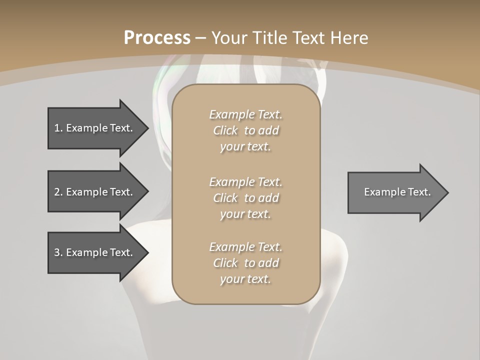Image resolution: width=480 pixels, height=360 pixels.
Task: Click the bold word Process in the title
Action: coord(157,38)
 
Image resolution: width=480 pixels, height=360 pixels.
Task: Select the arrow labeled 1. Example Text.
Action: coord(95,128)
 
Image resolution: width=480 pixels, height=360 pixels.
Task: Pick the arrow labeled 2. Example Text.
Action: coord(95,192)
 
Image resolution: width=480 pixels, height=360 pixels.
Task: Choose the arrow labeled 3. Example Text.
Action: coord(95,252)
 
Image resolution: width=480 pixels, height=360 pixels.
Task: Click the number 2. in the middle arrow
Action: coord(58,192)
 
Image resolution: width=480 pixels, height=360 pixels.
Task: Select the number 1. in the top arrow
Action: coord(58,128)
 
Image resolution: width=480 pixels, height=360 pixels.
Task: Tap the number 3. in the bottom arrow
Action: coord(58,252)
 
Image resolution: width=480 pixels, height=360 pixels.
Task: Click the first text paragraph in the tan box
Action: coord(245,130)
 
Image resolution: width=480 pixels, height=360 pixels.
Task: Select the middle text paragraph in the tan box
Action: coord(245,198)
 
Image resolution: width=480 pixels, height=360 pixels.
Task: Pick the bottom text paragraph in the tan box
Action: coord(245,263)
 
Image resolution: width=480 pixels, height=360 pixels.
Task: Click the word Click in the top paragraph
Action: coord(225,130)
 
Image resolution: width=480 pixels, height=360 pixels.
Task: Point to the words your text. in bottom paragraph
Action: coord(245,279)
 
